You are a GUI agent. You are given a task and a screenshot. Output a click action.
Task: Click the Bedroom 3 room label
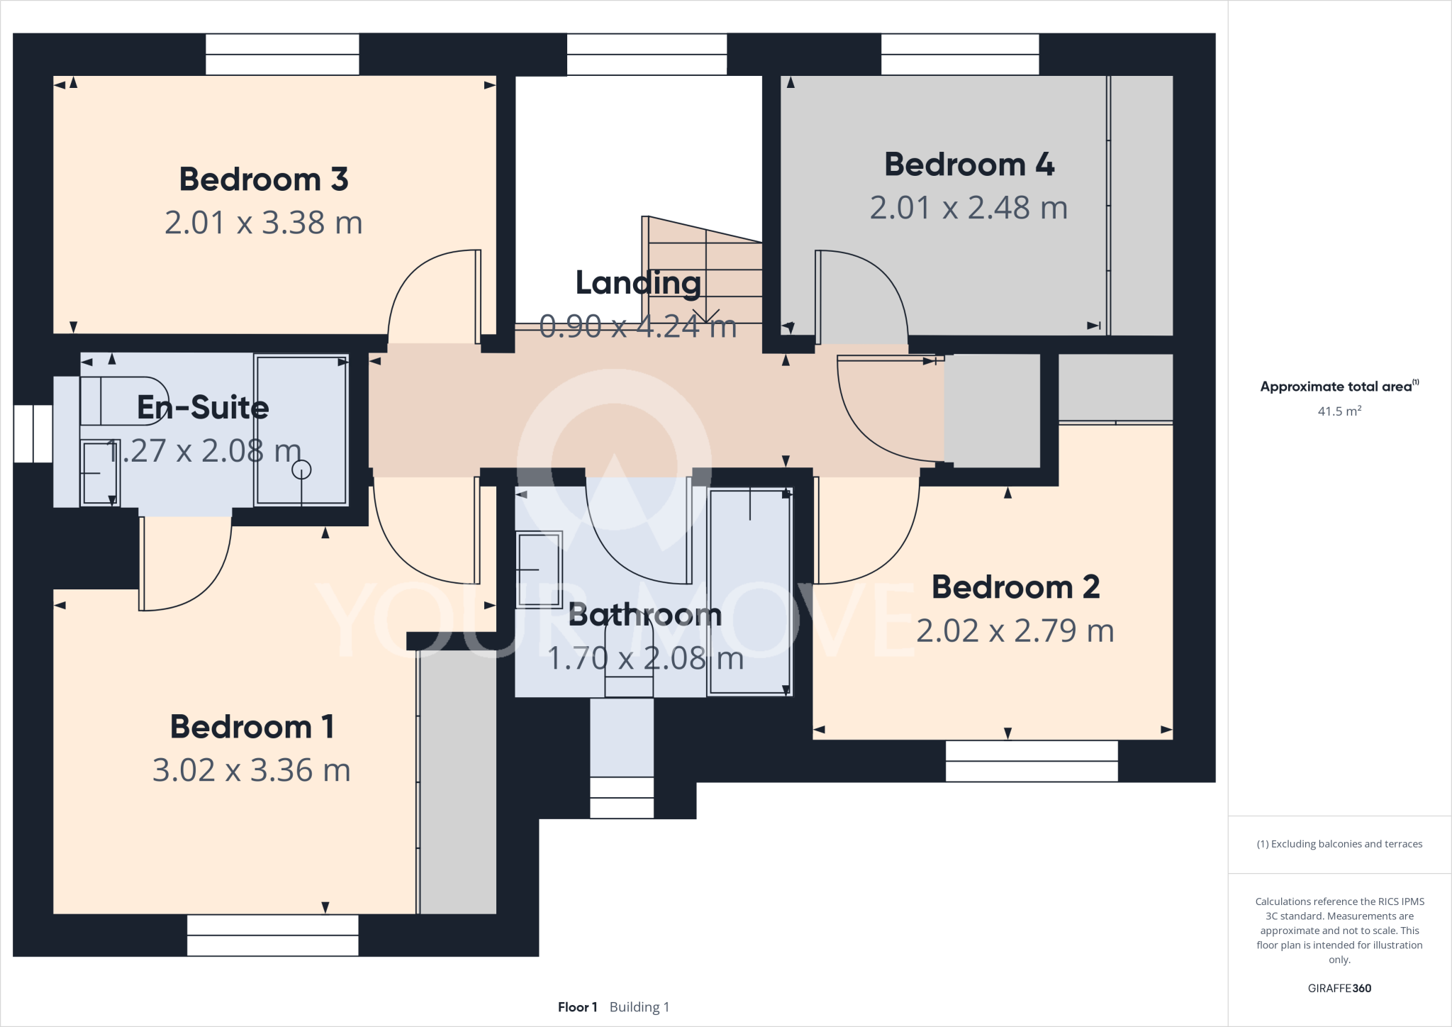point(263,179)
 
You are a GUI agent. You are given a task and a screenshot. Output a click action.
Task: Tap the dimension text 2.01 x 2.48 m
point(968,208)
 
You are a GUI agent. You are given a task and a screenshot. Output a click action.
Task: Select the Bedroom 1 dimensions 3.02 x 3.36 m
point(252,770)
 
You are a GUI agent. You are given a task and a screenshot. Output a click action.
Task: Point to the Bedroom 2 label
point(1015,587)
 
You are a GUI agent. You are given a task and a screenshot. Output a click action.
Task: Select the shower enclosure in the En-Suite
point(301,430)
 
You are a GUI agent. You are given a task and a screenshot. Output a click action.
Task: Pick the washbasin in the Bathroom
point(539,570)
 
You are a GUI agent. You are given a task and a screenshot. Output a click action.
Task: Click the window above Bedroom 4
point(959,55)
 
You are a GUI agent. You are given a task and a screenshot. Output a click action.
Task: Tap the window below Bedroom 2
point(1032,761)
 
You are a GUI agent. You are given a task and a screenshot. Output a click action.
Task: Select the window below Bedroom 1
point(272,935)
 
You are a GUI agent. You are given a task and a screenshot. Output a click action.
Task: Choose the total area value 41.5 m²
point(1339,411)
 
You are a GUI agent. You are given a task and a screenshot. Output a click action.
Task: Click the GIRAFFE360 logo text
point(1339,988)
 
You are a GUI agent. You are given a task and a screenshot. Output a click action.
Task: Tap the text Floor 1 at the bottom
point(577,1007)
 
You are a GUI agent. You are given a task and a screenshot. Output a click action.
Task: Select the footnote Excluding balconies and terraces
point(1339,844)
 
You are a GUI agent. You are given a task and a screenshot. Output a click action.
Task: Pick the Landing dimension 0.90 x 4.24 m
point(637,327)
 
